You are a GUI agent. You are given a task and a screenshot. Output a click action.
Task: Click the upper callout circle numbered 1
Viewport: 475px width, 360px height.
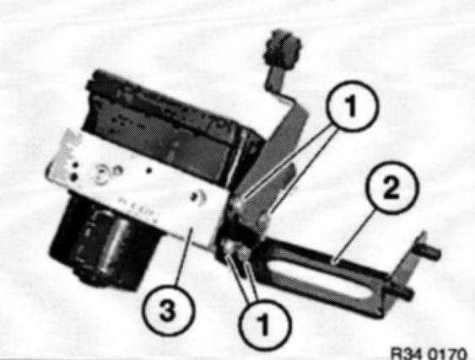pyautogui.click(x=353, y=106)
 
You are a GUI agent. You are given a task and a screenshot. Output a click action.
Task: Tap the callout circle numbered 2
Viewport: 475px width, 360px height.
pyautogui.click(x=392, y=187)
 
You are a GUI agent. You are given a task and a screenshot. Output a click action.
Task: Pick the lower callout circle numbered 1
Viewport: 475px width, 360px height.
pyautogui.click(x=265, y=325)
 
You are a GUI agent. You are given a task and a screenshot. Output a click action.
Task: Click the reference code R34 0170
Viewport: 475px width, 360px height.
pyautogui.click(x=429, y=353)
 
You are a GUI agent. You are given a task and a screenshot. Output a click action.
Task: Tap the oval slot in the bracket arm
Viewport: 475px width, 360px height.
pyautogui.click(x=318, y=276)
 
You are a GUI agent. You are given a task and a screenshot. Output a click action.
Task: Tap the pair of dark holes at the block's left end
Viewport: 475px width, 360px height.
pyautogui.click(x=74, y=171)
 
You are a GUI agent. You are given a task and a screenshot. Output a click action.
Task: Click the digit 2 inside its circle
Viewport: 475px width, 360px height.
pyautogui.click(x=391, y=188)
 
